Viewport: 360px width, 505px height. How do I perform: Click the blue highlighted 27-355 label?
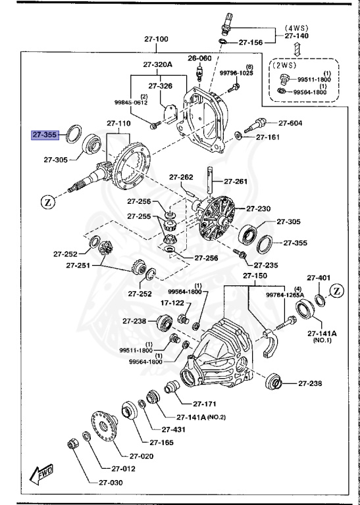[45, 135]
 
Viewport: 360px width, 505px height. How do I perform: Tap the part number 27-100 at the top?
[157, 39]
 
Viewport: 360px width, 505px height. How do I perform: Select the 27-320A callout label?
[157, 64]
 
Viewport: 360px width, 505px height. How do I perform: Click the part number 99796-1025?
[236, 73]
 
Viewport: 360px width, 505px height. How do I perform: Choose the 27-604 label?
[290, 123]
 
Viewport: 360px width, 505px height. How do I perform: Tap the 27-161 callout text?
[268, 137]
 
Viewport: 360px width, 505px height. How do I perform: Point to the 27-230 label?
[259, 208]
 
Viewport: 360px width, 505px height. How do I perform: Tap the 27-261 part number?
[236, 181]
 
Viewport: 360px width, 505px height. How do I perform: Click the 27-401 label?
[319, 277]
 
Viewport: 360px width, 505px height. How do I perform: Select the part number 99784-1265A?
[284, 295]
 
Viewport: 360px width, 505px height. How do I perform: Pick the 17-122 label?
[155, 302]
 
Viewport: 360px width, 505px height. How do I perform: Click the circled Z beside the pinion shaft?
[48, 202]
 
